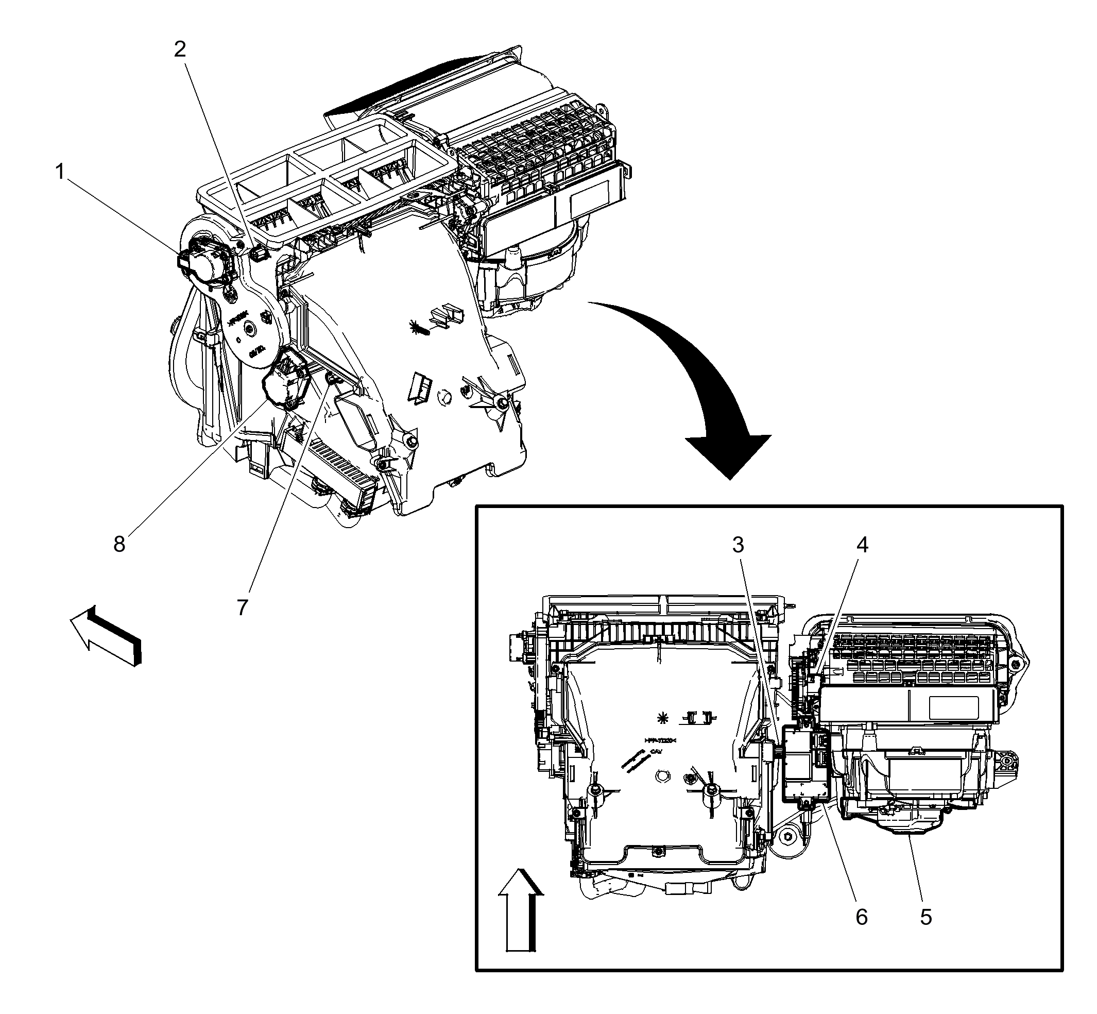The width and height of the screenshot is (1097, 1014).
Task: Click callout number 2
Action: coord(180,50)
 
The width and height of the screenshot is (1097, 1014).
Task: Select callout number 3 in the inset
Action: coord(738,545)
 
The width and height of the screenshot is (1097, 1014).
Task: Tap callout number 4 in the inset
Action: coord(862,545)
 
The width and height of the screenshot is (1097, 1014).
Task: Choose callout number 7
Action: coord(243,607)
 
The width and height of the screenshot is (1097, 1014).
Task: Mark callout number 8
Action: coord(119,544)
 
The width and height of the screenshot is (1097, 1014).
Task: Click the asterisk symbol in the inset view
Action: coord(663,717)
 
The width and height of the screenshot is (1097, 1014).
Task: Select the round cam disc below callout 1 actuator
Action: coord(251,329)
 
